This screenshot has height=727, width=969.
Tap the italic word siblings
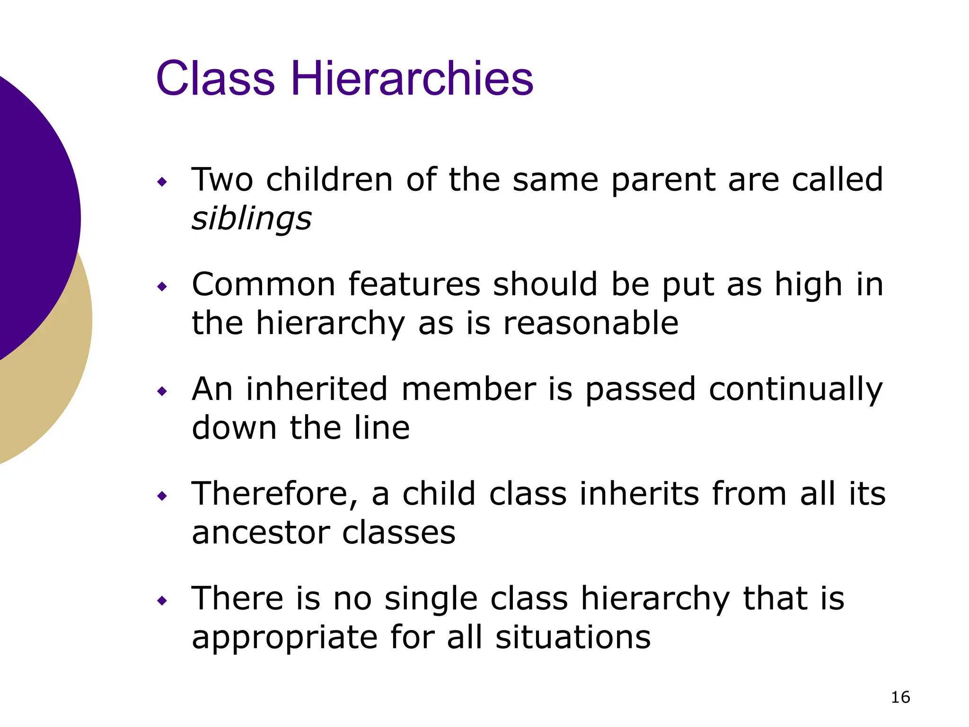point(251,219)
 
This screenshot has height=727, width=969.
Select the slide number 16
point(900,697)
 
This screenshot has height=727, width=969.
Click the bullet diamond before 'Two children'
point(162,182)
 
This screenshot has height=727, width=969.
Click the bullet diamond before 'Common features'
point(162,286)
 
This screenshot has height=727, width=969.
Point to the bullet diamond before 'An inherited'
point(162,391)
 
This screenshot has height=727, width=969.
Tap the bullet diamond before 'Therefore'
point(162,496)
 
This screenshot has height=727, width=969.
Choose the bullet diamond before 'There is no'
point(162,601)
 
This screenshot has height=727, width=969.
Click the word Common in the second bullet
point(264,284)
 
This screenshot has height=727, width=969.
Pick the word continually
point(796,390)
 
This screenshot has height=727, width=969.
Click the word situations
point(573,637)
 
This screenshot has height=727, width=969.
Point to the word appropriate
point(284,638)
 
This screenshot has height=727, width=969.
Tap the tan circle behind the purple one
point(52,388)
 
